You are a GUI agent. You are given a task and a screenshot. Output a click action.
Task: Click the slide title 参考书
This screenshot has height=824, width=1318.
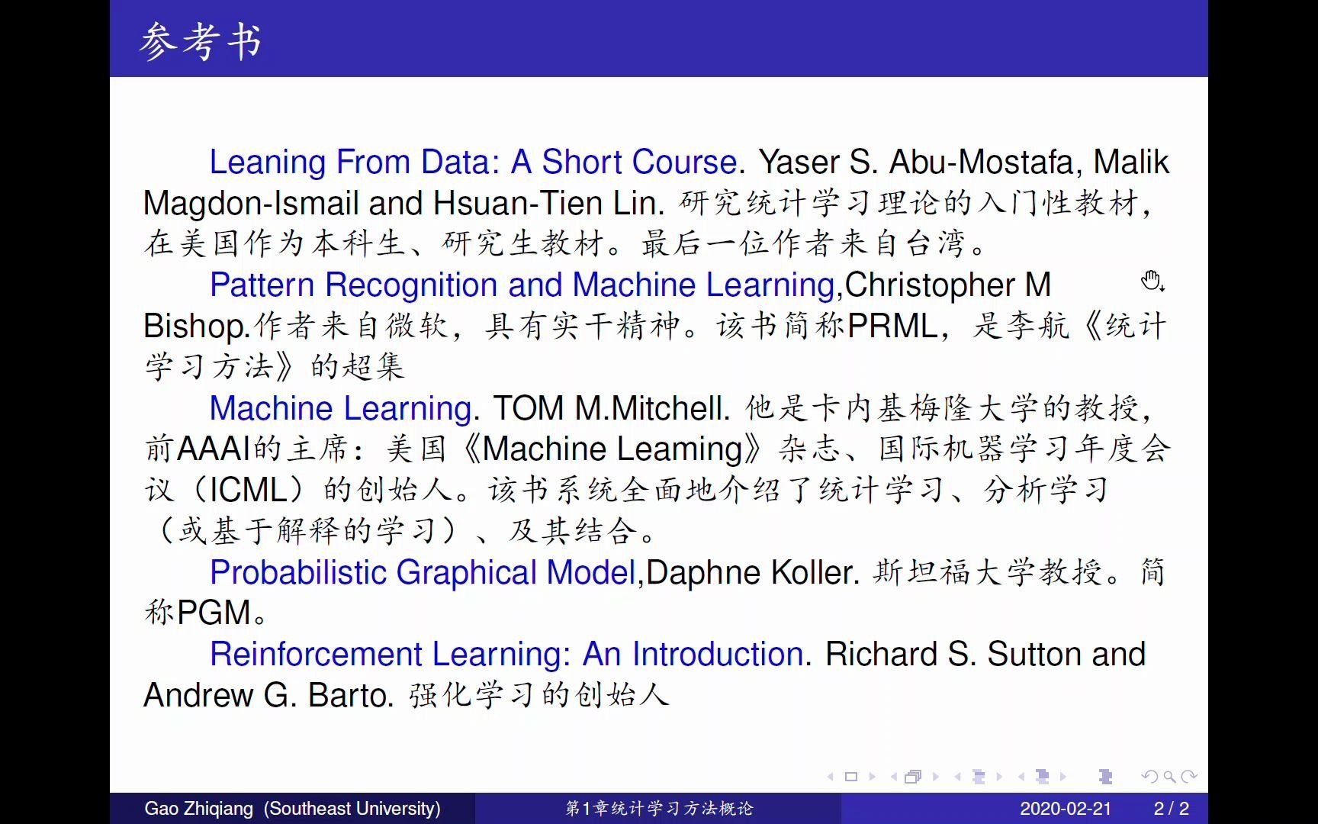201,41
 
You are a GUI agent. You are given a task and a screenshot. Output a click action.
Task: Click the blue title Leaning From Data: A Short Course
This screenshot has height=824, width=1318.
473,162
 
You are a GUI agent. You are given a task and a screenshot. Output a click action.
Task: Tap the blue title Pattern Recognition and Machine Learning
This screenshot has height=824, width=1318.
522,285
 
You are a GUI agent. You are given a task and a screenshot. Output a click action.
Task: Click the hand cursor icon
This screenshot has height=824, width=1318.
1152,281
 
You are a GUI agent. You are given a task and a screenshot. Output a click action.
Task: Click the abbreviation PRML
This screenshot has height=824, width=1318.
892,326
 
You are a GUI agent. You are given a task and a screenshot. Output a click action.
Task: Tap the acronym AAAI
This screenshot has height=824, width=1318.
214,449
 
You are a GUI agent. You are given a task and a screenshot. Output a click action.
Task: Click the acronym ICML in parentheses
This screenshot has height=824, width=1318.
248,490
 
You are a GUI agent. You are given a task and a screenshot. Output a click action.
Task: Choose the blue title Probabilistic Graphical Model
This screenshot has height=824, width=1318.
423,573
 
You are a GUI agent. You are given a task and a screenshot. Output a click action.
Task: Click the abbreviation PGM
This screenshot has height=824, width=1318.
214,613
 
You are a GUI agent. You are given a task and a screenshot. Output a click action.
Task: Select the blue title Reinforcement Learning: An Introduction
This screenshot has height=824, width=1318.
506,655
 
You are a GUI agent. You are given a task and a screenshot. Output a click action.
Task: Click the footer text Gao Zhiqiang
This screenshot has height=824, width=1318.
198,809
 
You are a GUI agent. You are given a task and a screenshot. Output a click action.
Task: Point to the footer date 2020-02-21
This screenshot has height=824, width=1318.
1066,809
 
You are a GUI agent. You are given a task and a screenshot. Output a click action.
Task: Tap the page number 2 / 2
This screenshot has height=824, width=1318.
1172,809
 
